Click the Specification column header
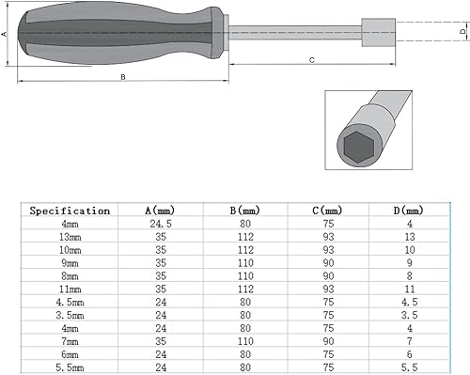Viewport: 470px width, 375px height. click(x=70, y=211)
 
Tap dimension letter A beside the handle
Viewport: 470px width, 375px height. click(x=5, y=34)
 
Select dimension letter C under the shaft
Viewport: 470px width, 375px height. click(x=310, y=59)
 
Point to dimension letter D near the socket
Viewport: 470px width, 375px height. click(x=462, y=32)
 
